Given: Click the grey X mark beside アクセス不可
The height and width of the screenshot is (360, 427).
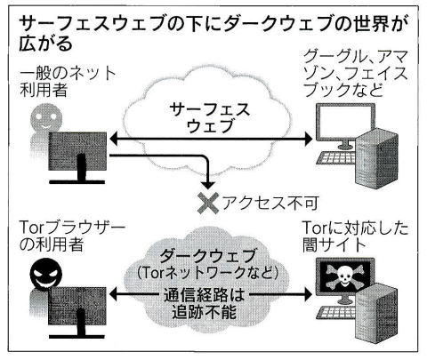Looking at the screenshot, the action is point(208,203).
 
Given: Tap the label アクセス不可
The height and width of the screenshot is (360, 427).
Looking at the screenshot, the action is point(270,204).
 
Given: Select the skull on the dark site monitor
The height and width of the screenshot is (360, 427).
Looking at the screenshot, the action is point(343,276).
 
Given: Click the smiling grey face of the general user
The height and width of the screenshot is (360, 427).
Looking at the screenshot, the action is point(46,118).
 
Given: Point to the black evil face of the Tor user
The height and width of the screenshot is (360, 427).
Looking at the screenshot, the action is point(46,273).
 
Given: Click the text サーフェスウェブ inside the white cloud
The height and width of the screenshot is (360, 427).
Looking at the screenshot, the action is point(210,117).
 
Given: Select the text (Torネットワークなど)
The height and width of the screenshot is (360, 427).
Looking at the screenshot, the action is point(207,273).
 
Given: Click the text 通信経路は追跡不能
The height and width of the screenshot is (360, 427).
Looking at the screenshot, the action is point(205,303).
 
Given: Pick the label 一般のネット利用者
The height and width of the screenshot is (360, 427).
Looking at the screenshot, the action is point(68,82).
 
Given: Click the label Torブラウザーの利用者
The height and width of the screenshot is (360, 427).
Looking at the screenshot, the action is point(72,236).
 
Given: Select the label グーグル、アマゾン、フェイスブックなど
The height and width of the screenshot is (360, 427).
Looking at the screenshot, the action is point(356,73).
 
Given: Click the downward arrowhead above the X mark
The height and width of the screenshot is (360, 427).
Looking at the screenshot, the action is point(208,184).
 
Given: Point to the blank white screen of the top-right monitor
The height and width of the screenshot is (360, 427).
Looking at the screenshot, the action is point(345,122).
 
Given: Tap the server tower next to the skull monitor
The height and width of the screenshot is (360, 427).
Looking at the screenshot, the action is point(376,312).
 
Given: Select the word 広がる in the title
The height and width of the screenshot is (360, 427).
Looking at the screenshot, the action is point(45,44).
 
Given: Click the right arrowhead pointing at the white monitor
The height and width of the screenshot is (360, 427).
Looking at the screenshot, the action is point(308,140).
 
